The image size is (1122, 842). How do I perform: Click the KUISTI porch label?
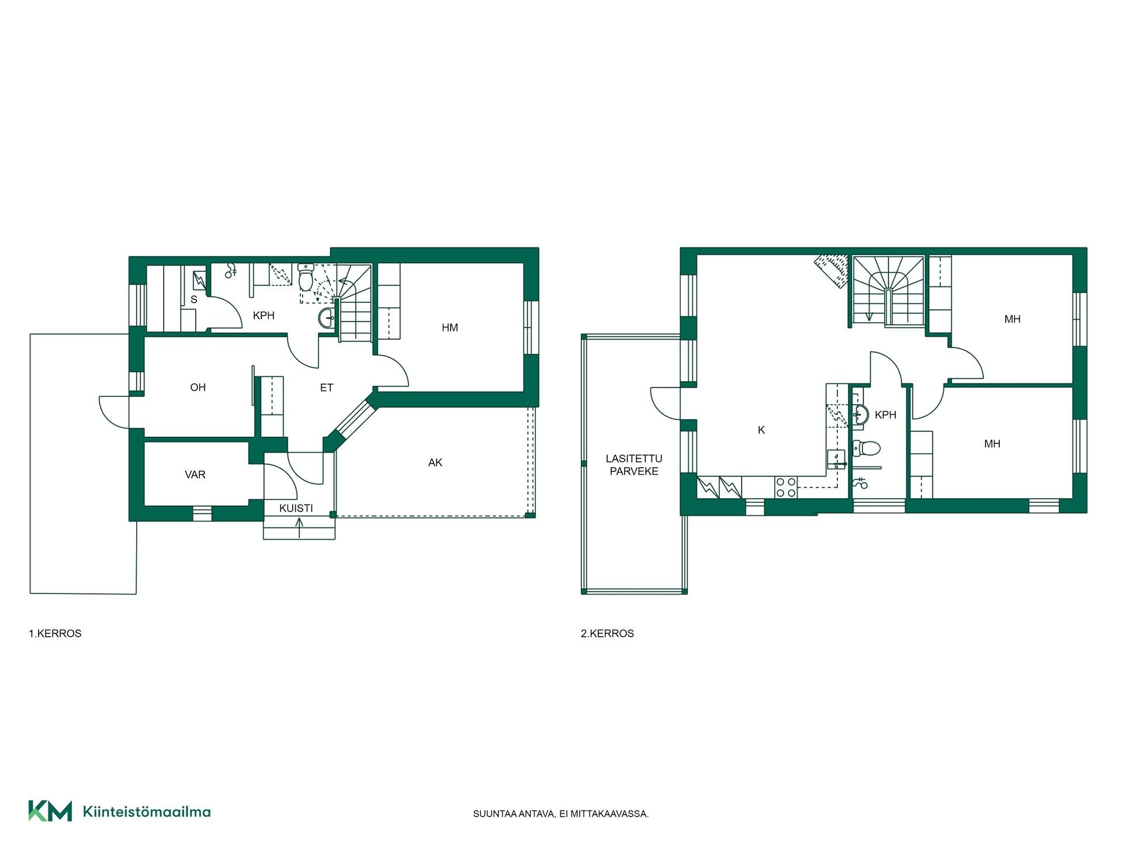[296, 508]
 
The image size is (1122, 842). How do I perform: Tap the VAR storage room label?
[195, 475]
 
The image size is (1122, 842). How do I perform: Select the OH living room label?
[198, 387]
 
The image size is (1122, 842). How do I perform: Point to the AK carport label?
[435, 463]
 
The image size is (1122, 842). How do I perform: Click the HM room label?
[450, 327]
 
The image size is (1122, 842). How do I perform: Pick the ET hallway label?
[327, 387]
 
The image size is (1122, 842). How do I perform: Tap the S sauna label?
[194, 299]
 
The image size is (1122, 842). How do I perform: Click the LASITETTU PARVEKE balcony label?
[634, 465]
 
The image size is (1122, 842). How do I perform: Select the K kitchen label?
[761, 430]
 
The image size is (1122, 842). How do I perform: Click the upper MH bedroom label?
[1013, 319]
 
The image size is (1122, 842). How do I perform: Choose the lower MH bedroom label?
[992, 444]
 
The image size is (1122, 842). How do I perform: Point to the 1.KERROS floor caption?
[55, 633]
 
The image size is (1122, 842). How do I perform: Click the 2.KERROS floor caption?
[607, 633]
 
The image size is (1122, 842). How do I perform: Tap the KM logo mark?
[50, 811]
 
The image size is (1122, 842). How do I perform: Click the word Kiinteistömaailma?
[147, 812]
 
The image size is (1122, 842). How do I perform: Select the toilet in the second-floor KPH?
[866, 448]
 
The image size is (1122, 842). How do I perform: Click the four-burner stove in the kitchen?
[786, 487]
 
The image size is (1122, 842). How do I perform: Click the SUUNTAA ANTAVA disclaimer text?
[561, 813]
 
